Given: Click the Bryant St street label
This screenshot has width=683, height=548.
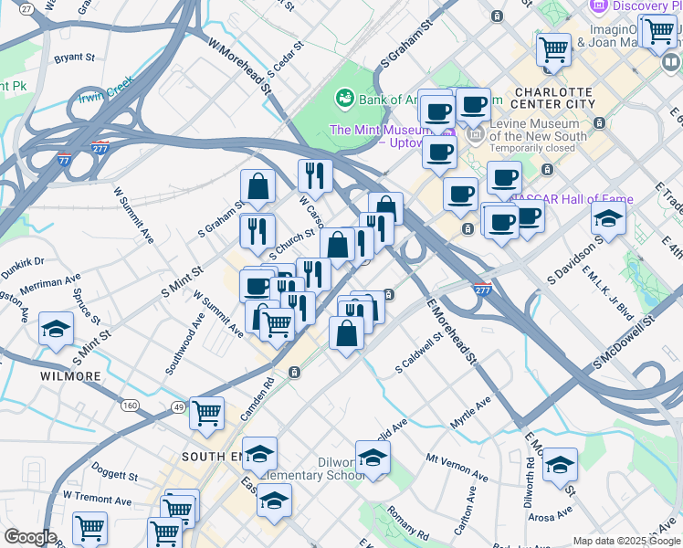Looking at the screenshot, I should [x=74, y=58].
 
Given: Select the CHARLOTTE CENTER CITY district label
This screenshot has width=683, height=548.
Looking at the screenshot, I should [x=554, y=98].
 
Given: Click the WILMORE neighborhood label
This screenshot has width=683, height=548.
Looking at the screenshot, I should [x=70, y=376].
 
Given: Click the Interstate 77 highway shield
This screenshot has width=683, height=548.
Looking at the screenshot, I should [x=63, y=159].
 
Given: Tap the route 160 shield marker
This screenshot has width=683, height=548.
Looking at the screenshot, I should [x=131, y=406].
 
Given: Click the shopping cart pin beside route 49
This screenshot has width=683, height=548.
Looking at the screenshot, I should [x=206, y=413].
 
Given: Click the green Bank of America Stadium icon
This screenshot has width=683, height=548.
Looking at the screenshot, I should [x=345, y=96].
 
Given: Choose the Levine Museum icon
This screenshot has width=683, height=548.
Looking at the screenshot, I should [x=475, y=135].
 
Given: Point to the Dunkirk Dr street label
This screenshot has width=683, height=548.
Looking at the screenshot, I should [x=22, y=262].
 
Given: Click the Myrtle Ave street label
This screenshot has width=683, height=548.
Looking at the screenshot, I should [x=470, y=406].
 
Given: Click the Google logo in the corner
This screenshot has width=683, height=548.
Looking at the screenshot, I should [x=30, y=537].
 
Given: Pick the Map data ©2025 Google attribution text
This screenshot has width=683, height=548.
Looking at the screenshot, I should [x=625, y=541].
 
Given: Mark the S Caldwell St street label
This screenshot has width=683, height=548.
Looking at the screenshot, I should [x=419, y=353].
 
